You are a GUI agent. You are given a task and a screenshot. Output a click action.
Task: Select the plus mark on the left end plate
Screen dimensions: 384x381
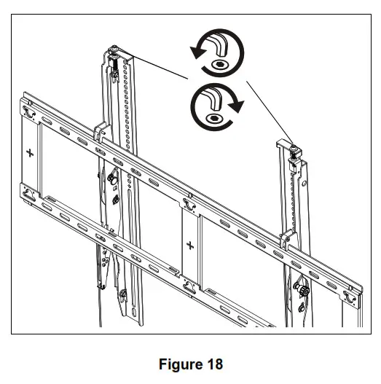coord(29,153)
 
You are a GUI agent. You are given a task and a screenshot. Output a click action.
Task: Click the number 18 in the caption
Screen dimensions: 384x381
coord(214,364)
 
